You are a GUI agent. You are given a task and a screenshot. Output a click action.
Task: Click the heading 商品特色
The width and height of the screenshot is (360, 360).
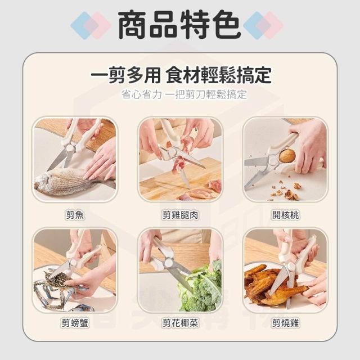179,25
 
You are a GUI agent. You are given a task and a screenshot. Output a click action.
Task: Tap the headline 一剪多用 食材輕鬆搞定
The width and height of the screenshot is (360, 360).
181,75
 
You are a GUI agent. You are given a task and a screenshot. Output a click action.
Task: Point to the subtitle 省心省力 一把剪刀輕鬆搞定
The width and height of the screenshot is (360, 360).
184,94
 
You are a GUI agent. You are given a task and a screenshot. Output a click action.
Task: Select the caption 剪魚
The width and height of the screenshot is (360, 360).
75,215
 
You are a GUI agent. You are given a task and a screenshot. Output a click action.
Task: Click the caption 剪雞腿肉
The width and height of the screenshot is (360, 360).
180,215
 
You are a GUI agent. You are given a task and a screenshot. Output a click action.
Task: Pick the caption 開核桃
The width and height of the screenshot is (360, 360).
286,215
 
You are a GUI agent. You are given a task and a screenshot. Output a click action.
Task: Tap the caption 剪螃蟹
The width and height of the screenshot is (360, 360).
75,323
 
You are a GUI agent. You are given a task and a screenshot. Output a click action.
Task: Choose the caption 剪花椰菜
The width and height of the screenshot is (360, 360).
180,323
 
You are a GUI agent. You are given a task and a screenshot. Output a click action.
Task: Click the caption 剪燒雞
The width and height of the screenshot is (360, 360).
286,323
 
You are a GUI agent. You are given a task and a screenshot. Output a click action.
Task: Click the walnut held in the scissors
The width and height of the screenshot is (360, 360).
287,155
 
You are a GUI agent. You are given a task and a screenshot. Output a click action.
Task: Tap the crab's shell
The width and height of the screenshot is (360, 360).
57,280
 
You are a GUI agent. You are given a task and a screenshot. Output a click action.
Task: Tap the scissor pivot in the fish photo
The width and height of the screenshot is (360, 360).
70,148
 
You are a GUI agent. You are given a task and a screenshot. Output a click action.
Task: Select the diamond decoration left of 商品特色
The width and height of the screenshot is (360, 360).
91,25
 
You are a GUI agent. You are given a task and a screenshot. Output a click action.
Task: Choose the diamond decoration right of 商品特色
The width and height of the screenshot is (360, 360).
263,25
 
